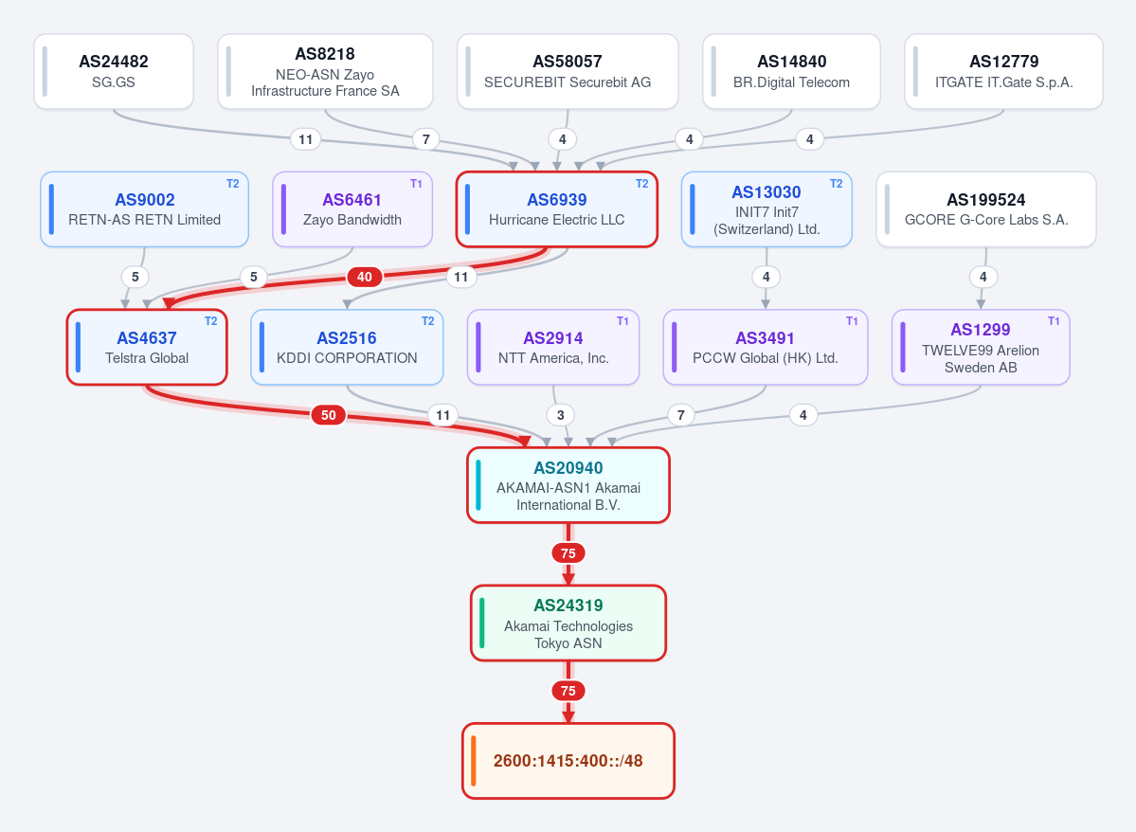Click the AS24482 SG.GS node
114,72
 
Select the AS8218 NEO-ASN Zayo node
325,72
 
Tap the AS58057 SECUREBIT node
568,72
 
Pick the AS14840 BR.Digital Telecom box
791,72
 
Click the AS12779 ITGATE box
1003,72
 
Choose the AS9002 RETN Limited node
145,209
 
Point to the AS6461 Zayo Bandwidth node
352,209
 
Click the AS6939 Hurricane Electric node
557,209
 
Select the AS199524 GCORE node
986,209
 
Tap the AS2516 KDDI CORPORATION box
347,347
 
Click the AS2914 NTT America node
553,347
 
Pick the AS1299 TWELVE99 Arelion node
981,347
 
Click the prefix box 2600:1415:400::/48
568,761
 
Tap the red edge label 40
365,277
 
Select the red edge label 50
329,415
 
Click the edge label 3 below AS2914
560,415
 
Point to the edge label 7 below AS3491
680,415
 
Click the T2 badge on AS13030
836,183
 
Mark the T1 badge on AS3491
852,321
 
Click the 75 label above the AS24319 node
568,553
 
